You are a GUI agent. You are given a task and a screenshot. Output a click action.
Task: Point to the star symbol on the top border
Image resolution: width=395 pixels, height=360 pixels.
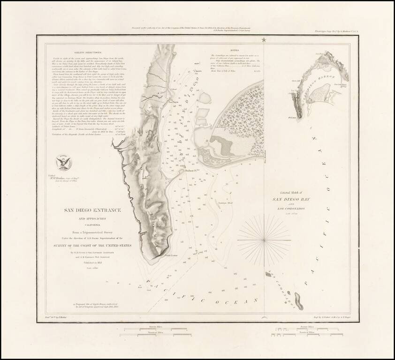tap(264, 40)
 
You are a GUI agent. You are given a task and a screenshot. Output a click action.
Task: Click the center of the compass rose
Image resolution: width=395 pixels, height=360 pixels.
tap(266, 240)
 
